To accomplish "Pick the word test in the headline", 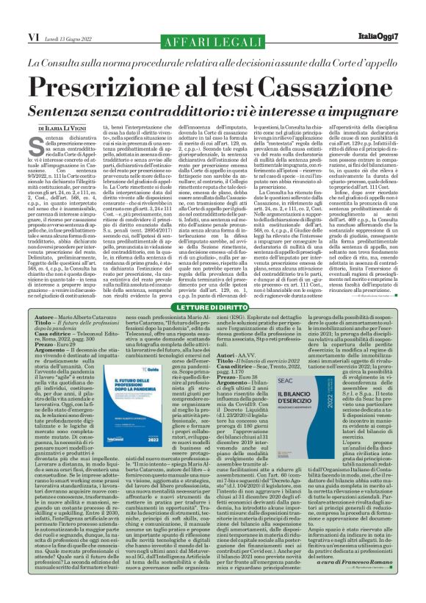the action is [x=220, y=83].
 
